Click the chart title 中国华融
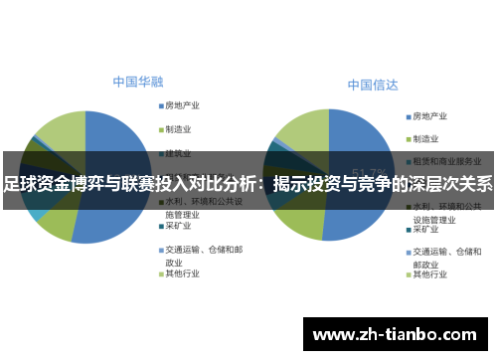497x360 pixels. (138, 81)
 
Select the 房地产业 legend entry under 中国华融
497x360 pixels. (183, 105)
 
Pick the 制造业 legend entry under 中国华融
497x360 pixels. (178, 129)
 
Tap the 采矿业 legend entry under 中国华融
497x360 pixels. (178, 227)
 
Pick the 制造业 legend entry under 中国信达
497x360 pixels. (426, 138)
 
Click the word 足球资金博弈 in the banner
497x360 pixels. (51, 183)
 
